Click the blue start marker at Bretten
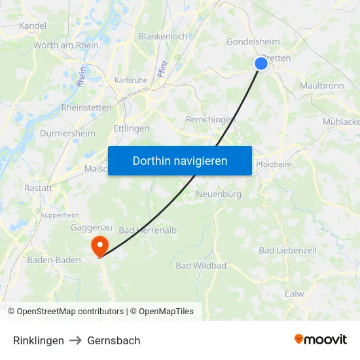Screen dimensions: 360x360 pos(261,63)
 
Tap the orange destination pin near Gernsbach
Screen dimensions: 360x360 pos(99,246)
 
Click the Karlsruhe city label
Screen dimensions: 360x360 pos(131,80)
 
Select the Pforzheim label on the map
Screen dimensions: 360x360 pos(274,164)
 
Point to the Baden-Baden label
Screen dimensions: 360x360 pos(54,260)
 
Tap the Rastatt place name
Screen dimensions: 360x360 pos(38,188)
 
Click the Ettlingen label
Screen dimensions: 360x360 pos(132,129)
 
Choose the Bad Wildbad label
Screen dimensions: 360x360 pos(201,266)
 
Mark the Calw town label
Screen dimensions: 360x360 pos(294,294)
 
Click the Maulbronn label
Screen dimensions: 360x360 pos(321,86)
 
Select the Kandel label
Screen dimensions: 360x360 pos(33,26)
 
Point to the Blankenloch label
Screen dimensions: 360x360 pos(162,37)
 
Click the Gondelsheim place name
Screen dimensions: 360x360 pos(253,42)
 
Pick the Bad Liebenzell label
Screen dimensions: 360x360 pos(287,251)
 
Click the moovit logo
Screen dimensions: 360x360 pos(320,339)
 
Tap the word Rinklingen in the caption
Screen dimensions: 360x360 pos(39,340)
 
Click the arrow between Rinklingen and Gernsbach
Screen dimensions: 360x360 pos(75,340)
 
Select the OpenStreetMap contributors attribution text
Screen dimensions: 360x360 pos(70,312)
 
